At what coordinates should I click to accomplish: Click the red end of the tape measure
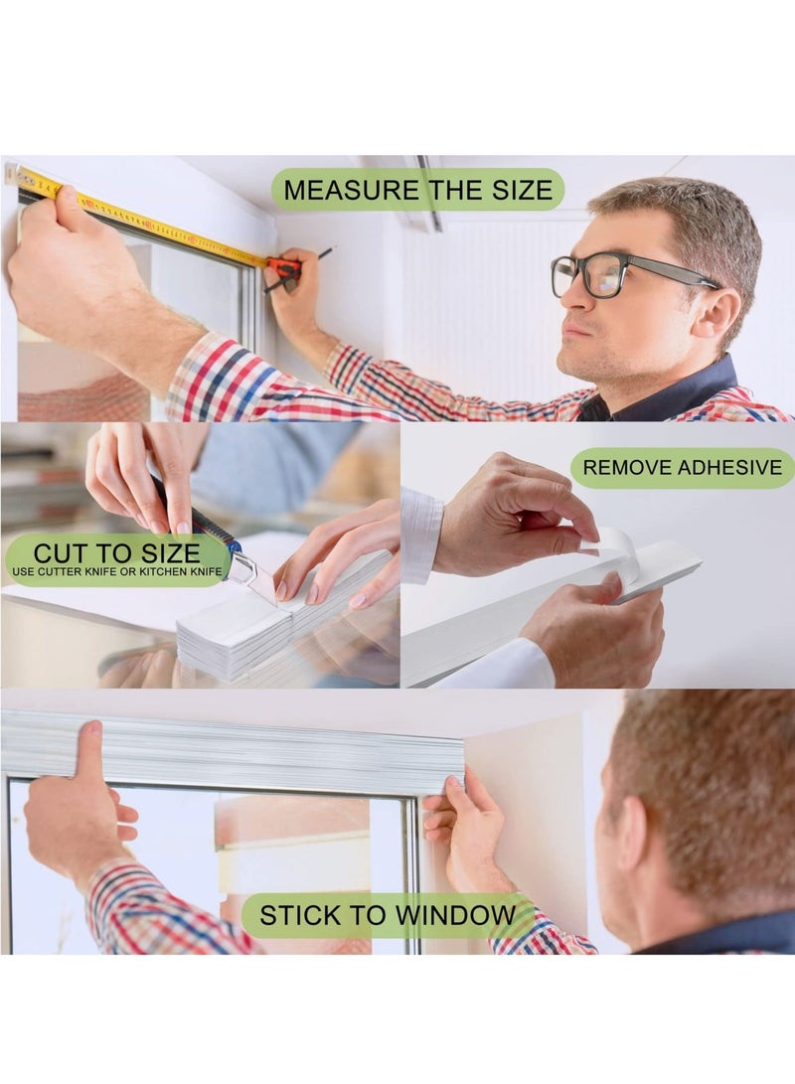[283, 266]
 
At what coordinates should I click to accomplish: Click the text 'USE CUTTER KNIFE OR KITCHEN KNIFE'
[118, 573]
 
